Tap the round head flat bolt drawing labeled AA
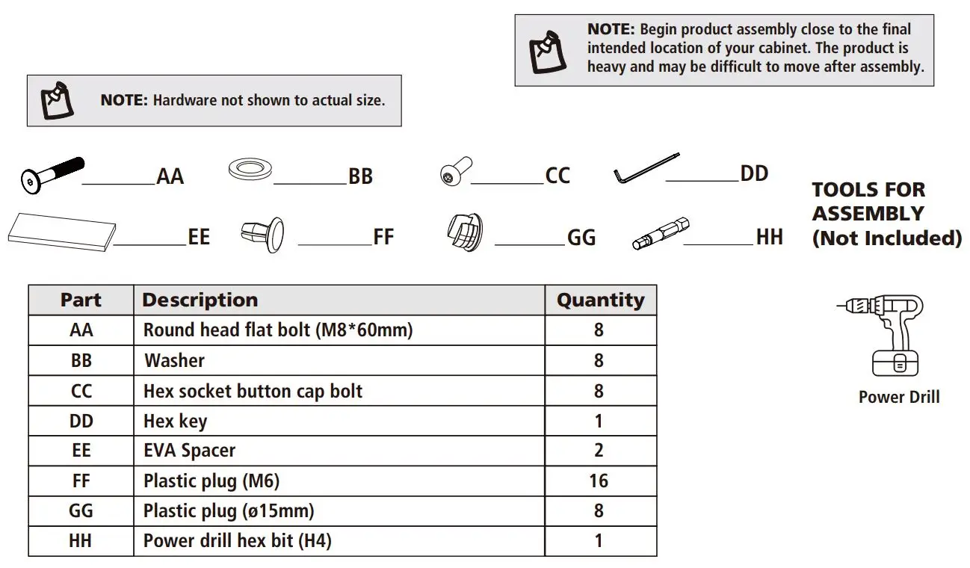[x=51, y=175]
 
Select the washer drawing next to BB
[x=250, y=170]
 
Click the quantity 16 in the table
[x=599, y=481]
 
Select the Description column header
[x=200, y=300]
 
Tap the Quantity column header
[x=600, y=300]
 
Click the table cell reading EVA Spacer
[x=189, y=451]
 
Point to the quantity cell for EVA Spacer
[x=599, y=451]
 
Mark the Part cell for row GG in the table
[x=81, y=511]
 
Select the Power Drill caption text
[x=899, y=398]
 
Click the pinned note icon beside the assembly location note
[x=549, y=49]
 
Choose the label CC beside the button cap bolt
[x=557, y=176]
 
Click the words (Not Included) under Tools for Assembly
[x=886, y=238]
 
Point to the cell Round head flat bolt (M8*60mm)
[x=277, y=330]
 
